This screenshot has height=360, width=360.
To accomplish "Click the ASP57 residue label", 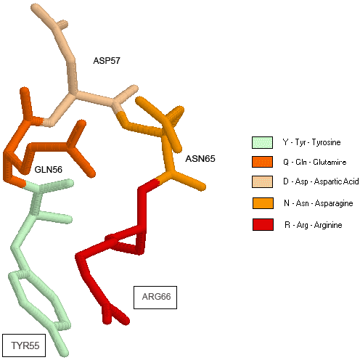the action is click(x=107, y=61).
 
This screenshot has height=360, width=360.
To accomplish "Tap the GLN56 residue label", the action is click(x=49, y=170).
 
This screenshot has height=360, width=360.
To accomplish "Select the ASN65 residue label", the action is click(x=200, y=159).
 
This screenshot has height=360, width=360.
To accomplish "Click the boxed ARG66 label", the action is click(x=155, y=298).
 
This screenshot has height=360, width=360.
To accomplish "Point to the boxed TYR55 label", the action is click(x=24, y=345).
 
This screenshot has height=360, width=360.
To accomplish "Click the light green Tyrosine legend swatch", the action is click(x=263, y=142).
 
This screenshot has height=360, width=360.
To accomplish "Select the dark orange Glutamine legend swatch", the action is click(x=263, y=162).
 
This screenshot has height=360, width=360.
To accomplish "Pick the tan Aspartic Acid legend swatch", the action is click(x=263, y=181).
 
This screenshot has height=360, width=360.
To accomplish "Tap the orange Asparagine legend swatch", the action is click(x=263, y=203).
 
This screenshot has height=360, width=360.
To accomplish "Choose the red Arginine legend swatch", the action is click(x=263, y=225).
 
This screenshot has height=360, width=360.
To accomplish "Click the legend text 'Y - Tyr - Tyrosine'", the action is click(x=312, y=142).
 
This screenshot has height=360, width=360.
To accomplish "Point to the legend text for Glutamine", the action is click(x=315, y=162).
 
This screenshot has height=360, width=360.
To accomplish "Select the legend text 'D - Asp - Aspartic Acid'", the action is click(x=321, y=181).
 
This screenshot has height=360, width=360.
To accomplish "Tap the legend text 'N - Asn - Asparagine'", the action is click(x=319, y=203).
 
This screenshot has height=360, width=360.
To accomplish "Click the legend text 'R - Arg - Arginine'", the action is click(x=314, y=225).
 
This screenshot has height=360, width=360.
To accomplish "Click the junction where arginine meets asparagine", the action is click(x=157, y=181).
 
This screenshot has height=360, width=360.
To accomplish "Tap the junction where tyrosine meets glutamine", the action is click(x=25, y=184).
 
